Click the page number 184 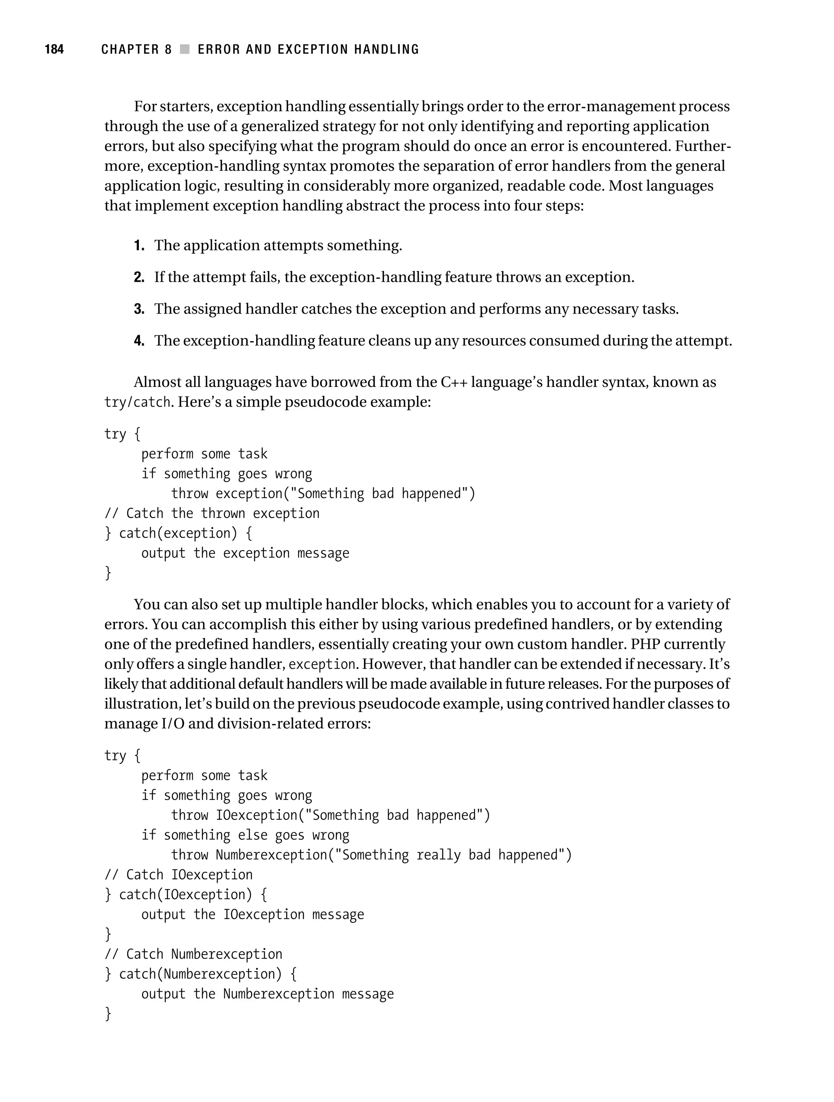(54, 49)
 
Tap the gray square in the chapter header (185, 49)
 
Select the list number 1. (139, 246)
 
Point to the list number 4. (139, 341)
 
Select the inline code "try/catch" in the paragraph (138, 402)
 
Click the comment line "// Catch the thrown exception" (212, 514)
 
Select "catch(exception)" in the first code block (178, 533)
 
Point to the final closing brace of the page (108, 1013)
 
